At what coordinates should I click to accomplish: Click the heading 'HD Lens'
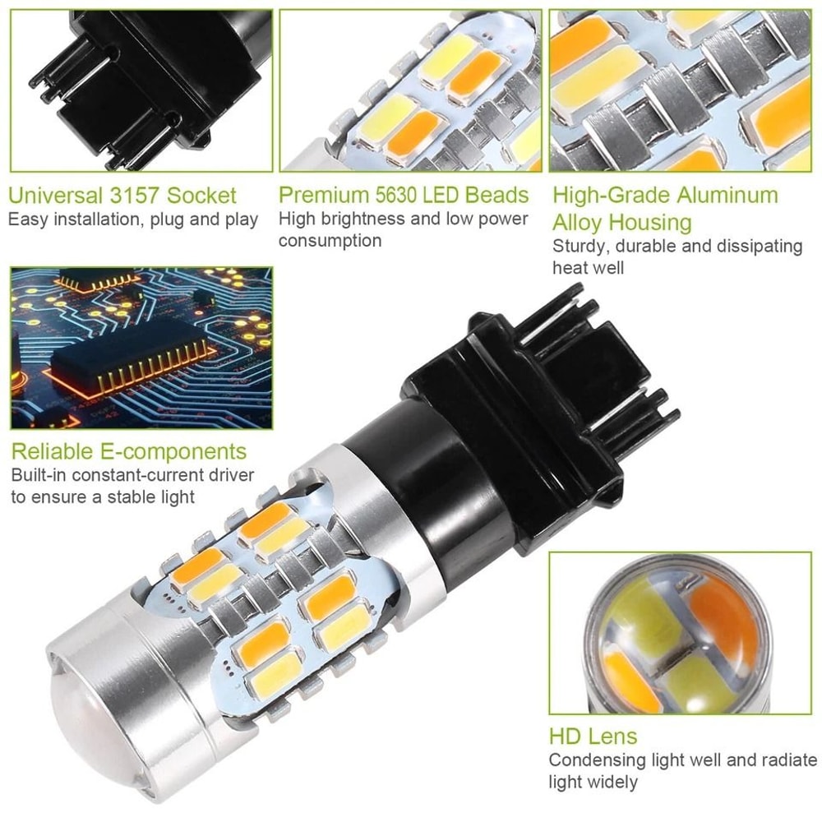pos(593,737)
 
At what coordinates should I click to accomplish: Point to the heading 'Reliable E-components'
pos(128,451)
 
